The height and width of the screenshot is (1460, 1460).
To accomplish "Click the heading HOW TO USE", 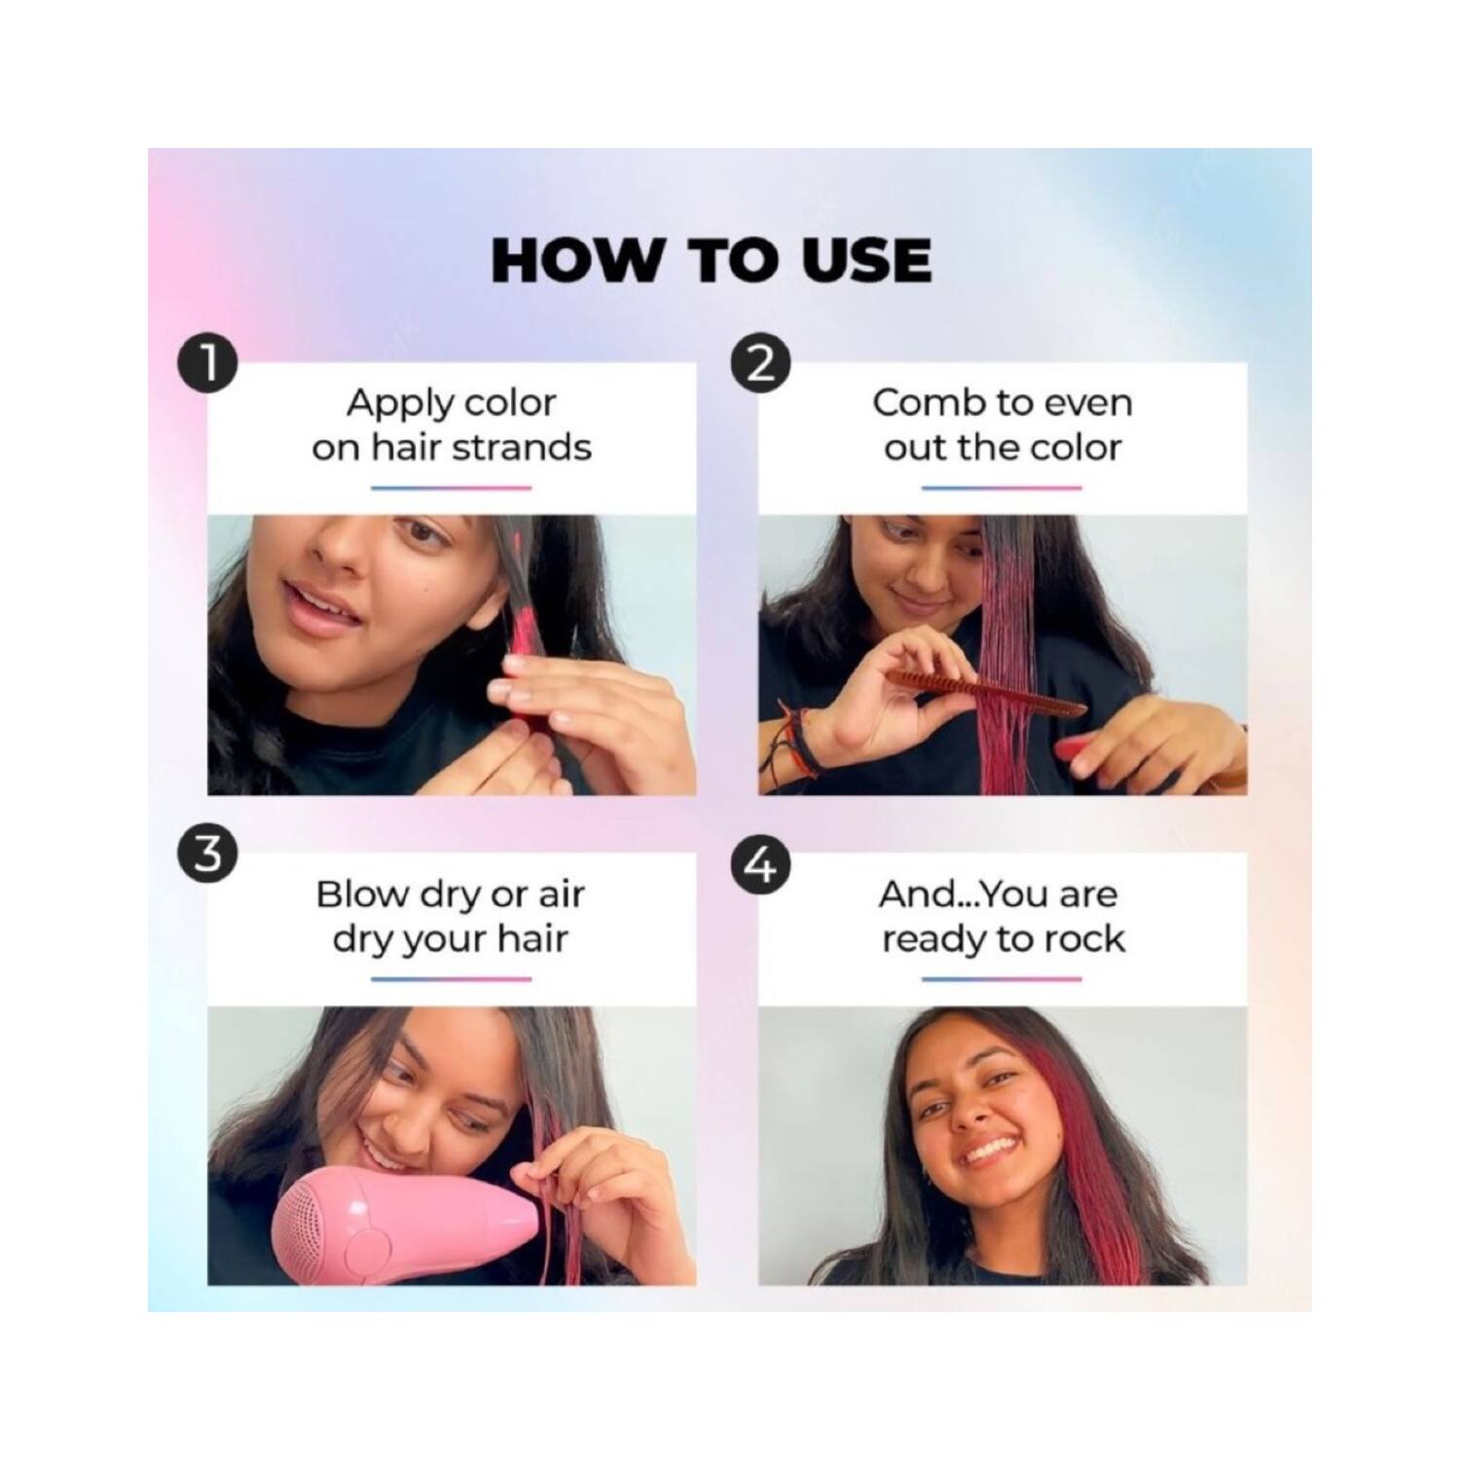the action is [x=712, y=260].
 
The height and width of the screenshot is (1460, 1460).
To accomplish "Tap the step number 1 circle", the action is [x=207, y=364].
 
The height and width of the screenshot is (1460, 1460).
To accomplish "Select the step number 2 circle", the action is [x=759, y=364].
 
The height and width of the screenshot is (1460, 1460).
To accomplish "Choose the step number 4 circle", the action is [x=759, y=864].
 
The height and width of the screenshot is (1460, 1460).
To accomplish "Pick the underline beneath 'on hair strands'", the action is [x=452, y=488].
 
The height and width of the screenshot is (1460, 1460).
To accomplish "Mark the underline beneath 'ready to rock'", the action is [x=1003, y=978].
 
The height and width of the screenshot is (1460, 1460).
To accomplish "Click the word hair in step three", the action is [x=532, y=939].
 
